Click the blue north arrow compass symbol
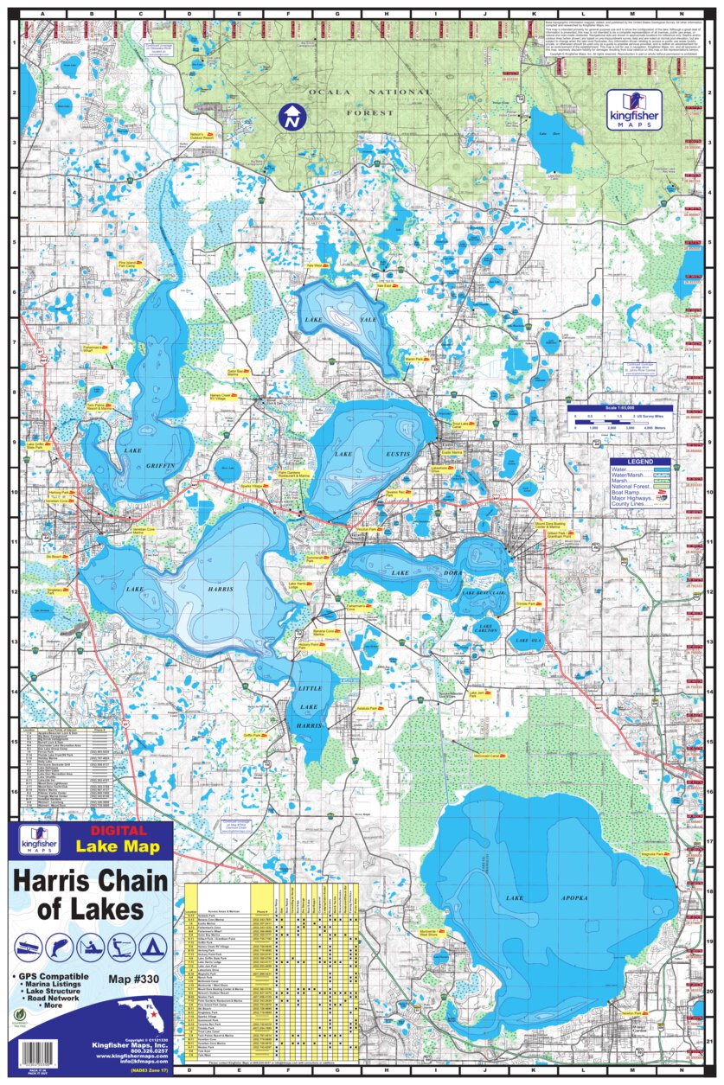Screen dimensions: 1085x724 pyautogui.click(x=292, y=118)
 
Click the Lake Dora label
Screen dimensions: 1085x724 pyautogui.click(x=400, y=572)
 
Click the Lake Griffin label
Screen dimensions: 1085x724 pyautogui.click(x=147, y=458)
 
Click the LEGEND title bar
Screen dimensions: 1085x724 pyautogui.click(x=639, y=462)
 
